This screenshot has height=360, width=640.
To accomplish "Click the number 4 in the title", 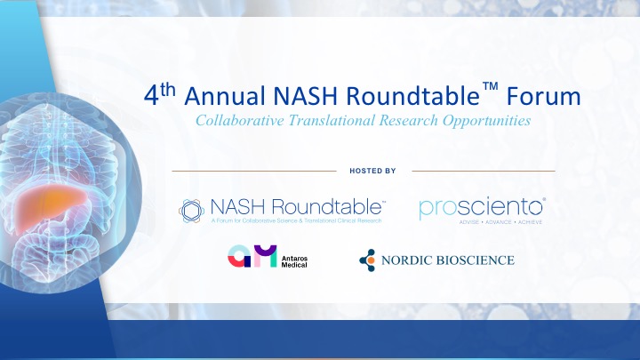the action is [151, 96].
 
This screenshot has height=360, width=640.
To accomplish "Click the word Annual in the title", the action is [225, 96].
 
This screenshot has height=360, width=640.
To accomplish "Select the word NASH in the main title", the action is [305, 96].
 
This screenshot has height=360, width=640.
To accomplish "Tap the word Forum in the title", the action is [544, 96].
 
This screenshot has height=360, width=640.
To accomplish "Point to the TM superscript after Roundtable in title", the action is [490, 86].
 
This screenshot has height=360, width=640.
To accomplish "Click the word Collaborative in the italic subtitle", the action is [240, 120].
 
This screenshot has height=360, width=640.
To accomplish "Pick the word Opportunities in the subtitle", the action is [486, 121].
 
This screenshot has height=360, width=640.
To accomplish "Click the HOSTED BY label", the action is [372, 171].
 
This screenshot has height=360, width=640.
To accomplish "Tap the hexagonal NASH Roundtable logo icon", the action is [191, 211].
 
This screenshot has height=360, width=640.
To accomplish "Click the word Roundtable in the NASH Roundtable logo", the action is [327, 207].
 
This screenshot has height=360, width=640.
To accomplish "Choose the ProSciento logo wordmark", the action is [482, 208].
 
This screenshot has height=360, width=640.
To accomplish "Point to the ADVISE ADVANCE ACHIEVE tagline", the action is [500, 222].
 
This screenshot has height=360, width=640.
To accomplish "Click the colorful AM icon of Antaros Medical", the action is [252, 256].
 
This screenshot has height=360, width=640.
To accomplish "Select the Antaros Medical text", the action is [294, 261].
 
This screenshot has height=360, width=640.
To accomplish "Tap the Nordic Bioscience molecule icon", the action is [367, 260].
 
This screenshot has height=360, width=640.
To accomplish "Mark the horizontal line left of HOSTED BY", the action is [254, 171].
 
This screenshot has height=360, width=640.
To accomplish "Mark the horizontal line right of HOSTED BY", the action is [484, 171].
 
